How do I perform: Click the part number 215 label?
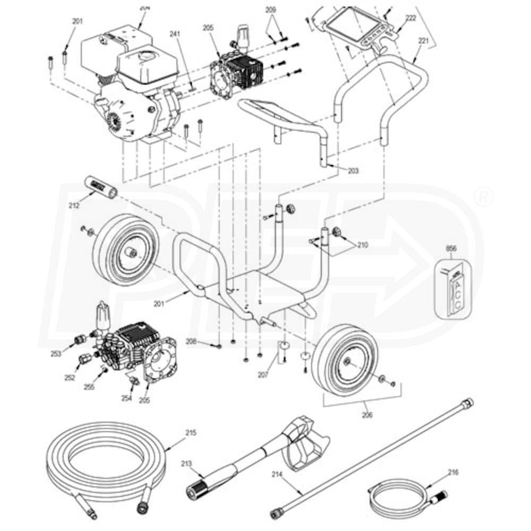click(x=191, y=433)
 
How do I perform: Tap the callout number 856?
click(x=451, y=248)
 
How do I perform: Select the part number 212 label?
click(x=74, y=204)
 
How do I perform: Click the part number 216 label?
click(x=453, y=472)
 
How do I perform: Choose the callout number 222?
click(x=410, y=18)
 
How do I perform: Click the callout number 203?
click(x=353, y=171)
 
